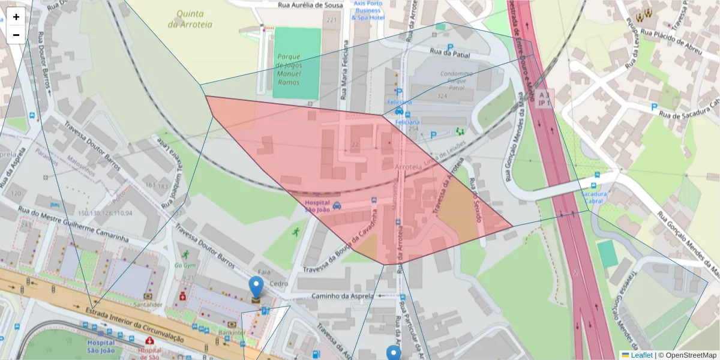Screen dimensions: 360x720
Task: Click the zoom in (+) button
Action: click(16, 17)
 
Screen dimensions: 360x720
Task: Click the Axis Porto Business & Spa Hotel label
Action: click(367, 11)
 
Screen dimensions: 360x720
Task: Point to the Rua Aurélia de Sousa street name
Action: click(311, 5)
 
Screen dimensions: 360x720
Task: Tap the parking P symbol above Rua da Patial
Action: click(450, 47)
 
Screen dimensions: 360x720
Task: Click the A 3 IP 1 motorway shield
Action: click(545, 99)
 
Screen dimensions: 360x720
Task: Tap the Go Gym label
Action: click(185, 265)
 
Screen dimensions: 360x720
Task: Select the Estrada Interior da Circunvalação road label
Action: click(135, 325)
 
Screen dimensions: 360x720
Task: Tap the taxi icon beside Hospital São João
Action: click(337, 205)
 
